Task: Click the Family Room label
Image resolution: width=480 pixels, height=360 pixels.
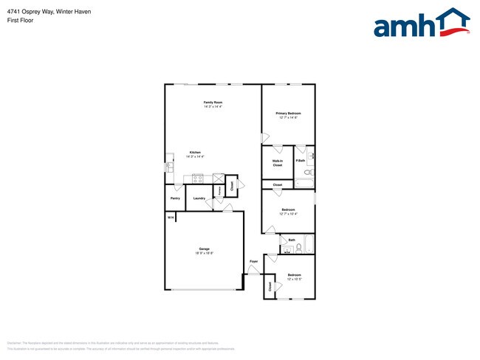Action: tap(213, 102)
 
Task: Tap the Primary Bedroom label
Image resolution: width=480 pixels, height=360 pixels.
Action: tap(288, 113)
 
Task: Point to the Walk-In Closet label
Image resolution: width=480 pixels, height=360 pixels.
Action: tap(278, 162)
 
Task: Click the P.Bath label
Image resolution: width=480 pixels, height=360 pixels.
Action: tap(301, 160)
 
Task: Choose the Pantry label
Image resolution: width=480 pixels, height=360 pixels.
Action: tap(175, 198)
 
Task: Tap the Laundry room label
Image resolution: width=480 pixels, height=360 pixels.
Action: tap(199, 198)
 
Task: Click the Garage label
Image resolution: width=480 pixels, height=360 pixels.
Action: tap(203, 249)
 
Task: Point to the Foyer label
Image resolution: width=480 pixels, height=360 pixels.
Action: tap(253, 261)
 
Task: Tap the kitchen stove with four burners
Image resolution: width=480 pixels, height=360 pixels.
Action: tap(198, 178)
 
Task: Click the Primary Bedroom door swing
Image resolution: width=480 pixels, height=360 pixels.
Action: tap(264, 137)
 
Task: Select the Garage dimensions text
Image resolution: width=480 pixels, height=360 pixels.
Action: tap(203, 253)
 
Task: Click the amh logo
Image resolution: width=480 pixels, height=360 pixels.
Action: tap(421, 24)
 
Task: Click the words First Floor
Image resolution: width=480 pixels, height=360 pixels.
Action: tap(22, 20)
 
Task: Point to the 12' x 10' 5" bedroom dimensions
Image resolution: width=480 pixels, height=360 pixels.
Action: tap(289, 280)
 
